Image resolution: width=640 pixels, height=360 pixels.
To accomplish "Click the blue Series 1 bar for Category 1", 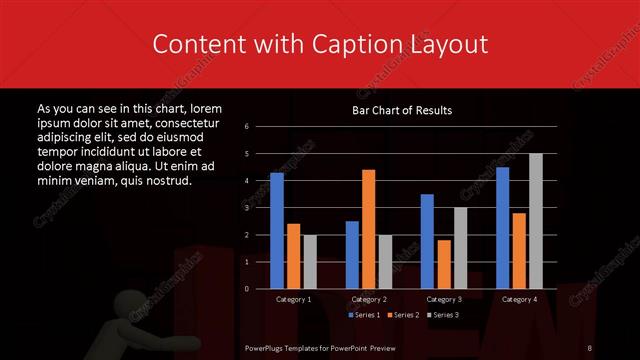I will tap(277, 230).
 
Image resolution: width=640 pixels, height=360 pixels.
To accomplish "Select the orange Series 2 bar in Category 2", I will tap(368, 229).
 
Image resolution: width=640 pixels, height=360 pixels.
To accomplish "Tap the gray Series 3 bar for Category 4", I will tap(535, 221).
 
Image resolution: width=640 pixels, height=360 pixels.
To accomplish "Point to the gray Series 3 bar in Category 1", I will tap(310, 262).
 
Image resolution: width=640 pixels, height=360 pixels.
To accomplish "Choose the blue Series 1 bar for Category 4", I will tap(502, 228).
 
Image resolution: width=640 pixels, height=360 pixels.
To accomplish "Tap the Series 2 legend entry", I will tap(403, 315).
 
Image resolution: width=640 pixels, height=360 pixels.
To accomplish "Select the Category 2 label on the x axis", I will tap(369, 299).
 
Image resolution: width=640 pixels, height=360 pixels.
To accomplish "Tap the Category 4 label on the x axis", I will tap(519, 299).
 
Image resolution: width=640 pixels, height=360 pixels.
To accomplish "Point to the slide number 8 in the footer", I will tap(590, 347).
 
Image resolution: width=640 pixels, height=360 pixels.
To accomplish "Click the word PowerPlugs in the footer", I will tap(269, 347).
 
